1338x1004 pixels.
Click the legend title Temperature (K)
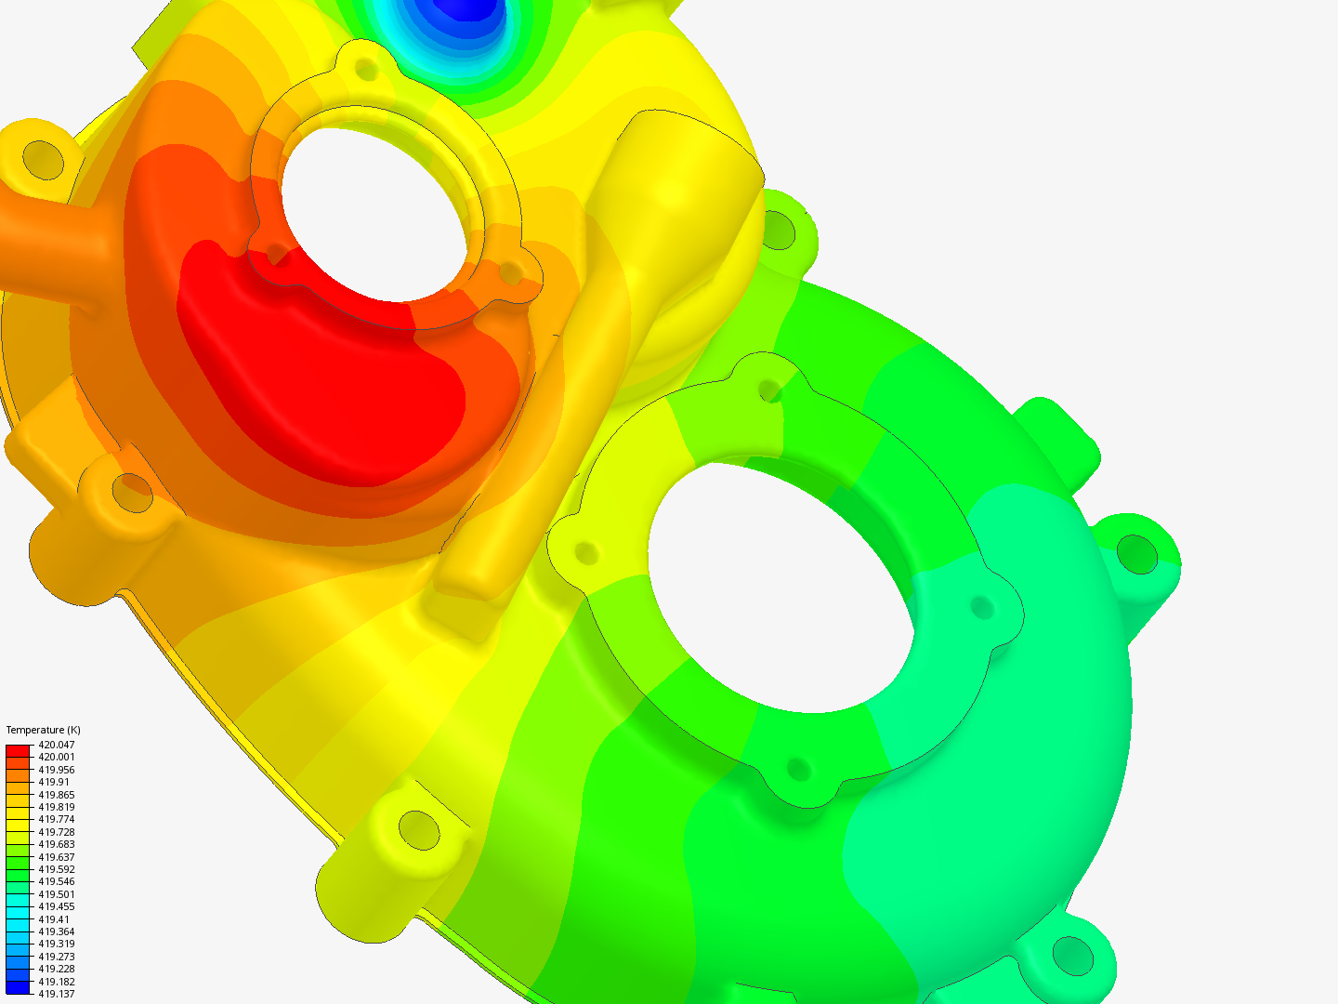click(43, 730)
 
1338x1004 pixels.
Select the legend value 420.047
click(56, 745)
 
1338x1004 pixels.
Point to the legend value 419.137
click(56, 994)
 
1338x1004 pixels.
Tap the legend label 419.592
click(56, 869)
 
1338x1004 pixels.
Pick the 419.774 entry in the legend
click(56, 819)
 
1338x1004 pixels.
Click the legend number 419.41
click(53, 919)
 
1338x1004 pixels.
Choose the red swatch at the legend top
click(18, 750)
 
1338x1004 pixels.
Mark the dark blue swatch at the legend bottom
click(18, 987)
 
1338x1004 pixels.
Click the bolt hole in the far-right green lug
click(1136, 554)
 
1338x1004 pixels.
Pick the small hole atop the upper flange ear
click(367, 69)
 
